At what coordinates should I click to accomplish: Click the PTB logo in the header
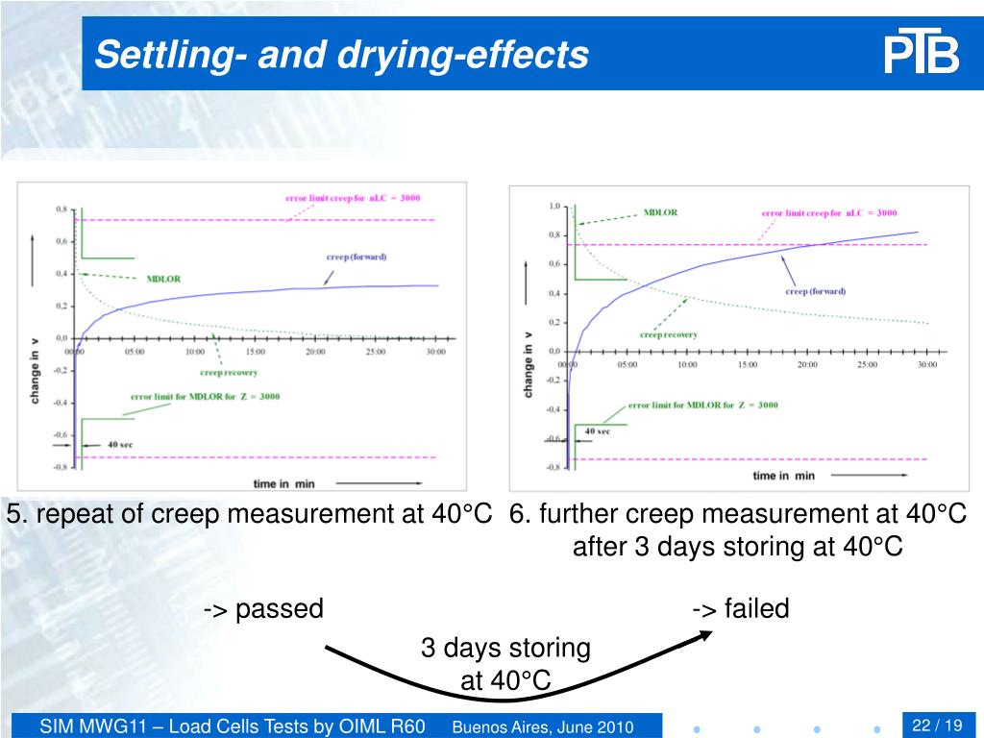pyautogui.click(x=922, y=55)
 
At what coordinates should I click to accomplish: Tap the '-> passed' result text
pyautogui.click(x=263, y=608)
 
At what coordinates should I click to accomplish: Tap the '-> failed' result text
pyautogui.click(x=740, y=608)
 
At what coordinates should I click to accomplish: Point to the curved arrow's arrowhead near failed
pyautogui.click(x=705, y=634)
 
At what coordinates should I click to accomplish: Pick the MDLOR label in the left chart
pyautogui.click(x=163, y=280)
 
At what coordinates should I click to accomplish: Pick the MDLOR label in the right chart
pyautogui.click(x=660, y=212)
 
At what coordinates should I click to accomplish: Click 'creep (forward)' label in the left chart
pyautogui.click(x=357, y=257)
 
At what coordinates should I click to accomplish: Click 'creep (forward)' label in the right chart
pyautogui.click(x=815, y=291)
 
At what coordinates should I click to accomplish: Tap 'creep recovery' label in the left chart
pyautogui.click(x=229, y=372)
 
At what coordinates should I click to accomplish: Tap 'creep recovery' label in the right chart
pyautogui.click(x=668, y=334)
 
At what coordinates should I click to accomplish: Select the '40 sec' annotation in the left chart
pyautogui.click(x=120, y=445)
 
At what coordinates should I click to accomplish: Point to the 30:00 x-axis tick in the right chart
pyautogui.click(x=926, y=364)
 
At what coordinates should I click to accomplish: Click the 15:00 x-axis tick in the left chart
pyautogui.click(x=256, y=352)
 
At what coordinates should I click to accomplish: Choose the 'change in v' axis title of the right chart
pyautogui.click(x=528, y=364)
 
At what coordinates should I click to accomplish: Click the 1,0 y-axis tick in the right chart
pyautogui.click(x=554, y=206)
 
